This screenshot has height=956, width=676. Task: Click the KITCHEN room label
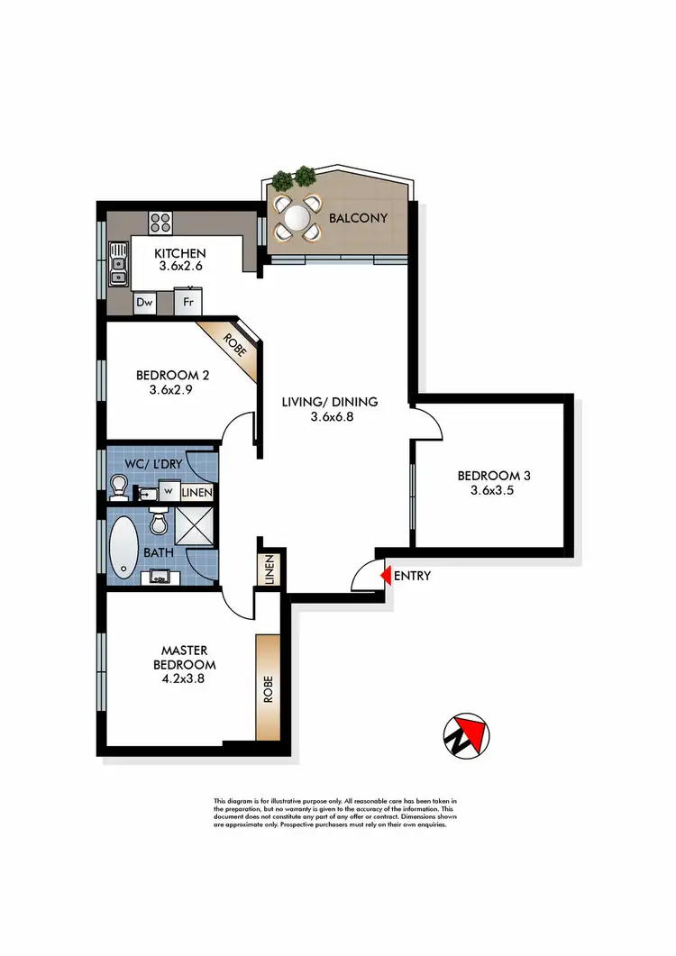(180, 253)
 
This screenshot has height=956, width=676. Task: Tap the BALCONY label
(358, 218)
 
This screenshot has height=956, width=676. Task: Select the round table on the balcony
(297, 217)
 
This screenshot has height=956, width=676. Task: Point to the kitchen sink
(120, 264)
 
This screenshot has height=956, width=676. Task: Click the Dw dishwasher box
(144, 303)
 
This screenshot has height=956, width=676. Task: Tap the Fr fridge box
(188, 303)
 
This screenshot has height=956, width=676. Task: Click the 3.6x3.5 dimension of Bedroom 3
(490, 491)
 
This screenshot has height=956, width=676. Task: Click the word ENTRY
(413, 576)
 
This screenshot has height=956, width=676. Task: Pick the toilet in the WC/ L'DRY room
(118, 488)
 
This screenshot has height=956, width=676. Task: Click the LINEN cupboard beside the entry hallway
(269, 569)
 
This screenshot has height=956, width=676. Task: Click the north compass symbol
(466, 736)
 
